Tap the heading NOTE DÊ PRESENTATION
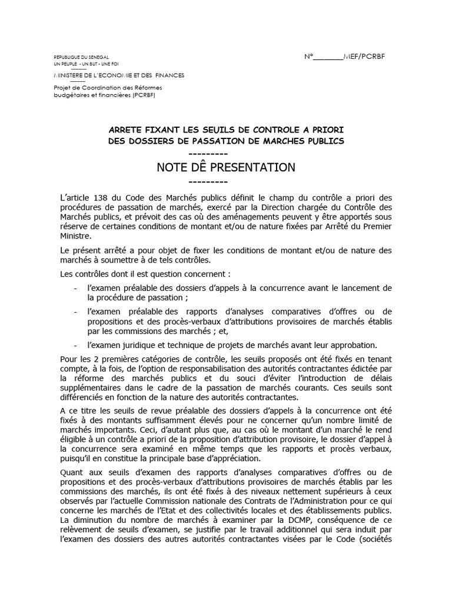[226, 167]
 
